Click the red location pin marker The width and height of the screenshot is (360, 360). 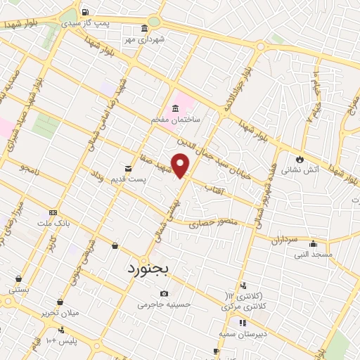[x=181, y=165]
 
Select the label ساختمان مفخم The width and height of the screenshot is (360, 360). [x=176, y=120]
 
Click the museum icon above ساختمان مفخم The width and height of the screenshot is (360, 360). [x=175, y=108]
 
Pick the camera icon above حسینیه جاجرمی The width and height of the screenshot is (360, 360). [x=164, y=293]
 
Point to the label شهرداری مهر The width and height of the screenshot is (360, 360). [x=148, y=39]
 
